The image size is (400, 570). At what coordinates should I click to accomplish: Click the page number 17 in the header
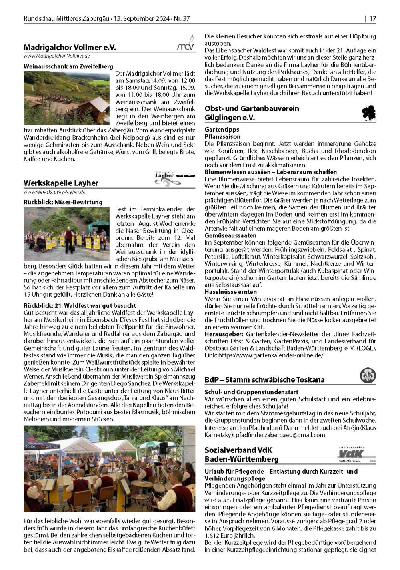point(372,19)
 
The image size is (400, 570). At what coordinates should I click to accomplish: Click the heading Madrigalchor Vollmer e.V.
point(70,48)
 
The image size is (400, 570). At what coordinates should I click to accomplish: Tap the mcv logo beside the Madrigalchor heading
point(186,43)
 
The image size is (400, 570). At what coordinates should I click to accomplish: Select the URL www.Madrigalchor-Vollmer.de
point(56,56)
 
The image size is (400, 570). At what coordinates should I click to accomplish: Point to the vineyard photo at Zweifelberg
point(66,98)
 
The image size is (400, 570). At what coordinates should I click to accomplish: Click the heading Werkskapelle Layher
point(61,183)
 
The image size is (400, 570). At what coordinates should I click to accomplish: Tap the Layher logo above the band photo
point(168,177)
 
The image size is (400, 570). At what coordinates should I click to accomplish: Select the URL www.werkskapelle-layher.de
point(54,192)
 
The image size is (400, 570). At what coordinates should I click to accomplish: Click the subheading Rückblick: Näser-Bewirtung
point(63,202)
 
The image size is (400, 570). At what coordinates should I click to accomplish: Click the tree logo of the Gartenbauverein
point(368,113)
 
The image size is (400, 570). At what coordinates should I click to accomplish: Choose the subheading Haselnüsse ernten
point(225,292)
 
